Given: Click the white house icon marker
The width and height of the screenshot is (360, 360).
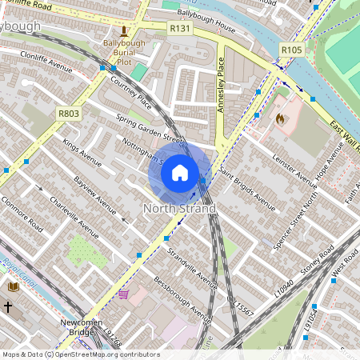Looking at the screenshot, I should pyautogui.click(x=180, y=173).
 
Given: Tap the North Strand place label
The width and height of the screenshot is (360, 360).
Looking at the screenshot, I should pyautogui.click(x=179, y=209).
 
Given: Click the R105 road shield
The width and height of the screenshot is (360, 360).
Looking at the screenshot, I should pyautogui.click(x=291, y=50).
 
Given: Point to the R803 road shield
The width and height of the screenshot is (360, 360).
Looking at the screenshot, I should pyautogui.click(x=69, y=114).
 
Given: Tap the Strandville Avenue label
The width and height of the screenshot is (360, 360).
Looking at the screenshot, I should pyautogui.click(x=192, y=267).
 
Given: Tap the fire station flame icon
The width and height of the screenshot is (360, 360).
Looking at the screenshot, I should pyautogui.click(x=280, y=118).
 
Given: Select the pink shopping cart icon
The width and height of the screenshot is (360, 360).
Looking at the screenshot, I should pyautogui.click(x=123, y=294).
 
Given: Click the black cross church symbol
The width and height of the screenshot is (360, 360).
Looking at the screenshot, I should pyautogui.click(x=8, y=306).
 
